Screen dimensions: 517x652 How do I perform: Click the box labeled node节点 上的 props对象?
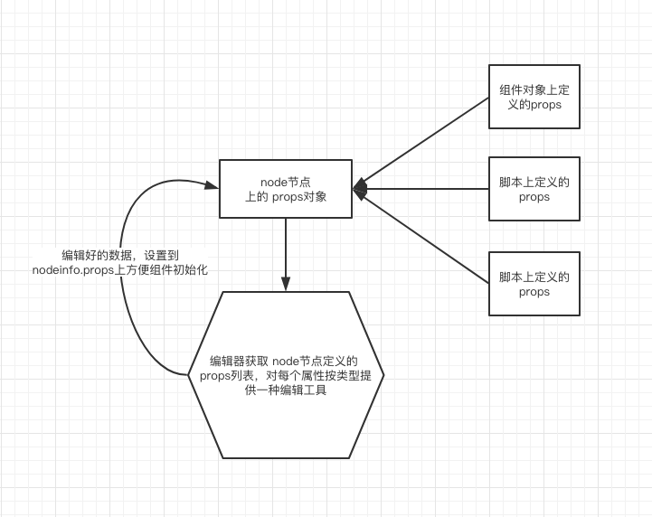coord(286,189)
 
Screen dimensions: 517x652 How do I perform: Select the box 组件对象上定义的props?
coord(534,98)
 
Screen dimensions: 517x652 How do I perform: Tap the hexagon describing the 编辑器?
coord(286,375)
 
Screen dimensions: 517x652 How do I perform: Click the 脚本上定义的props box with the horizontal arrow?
coord(534,189)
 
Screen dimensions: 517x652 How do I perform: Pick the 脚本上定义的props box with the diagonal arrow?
coord(534,282)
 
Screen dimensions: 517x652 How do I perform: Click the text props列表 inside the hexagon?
coord(227,375)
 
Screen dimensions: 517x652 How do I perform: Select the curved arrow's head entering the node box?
coord(213,186)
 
